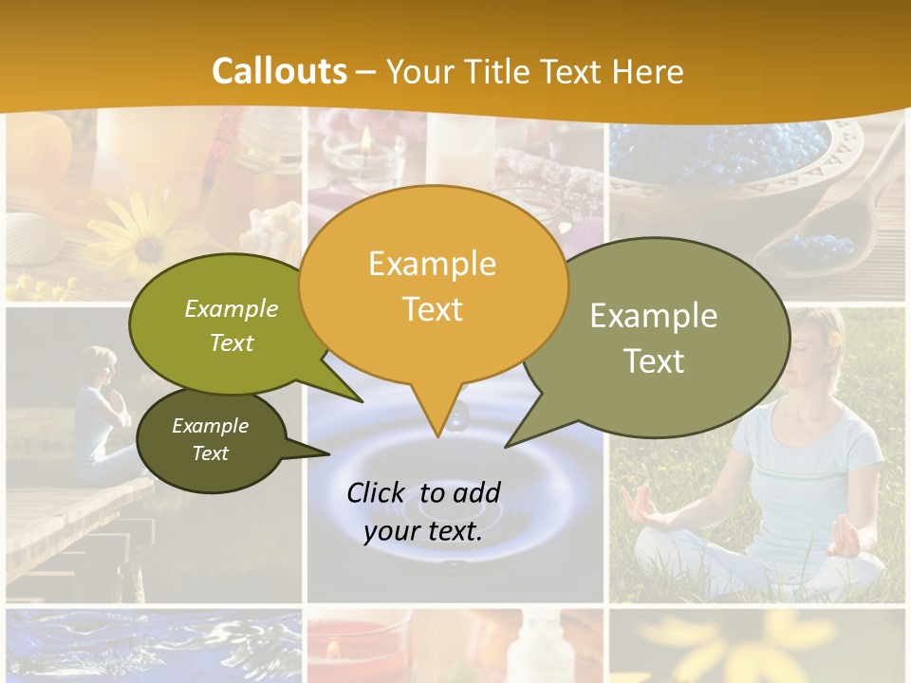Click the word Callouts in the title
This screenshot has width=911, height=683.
279,71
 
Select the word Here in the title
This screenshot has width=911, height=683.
649,71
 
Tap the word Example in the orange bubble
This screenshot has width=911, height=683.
432,263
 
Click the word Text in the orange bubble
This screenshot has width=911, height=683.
432,308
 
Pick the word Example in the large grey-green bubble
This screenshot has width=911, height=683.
653,316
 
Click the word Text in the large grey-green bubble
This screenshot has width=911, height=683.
653,360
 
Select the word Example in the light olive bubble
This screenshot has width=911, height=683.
232,308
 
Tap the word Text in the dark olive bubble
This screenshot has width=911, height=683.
210,453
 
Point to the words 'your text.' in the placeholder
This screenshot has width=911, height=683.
422,531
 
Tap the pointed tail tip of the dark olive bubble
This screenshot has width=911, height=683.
328,454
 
